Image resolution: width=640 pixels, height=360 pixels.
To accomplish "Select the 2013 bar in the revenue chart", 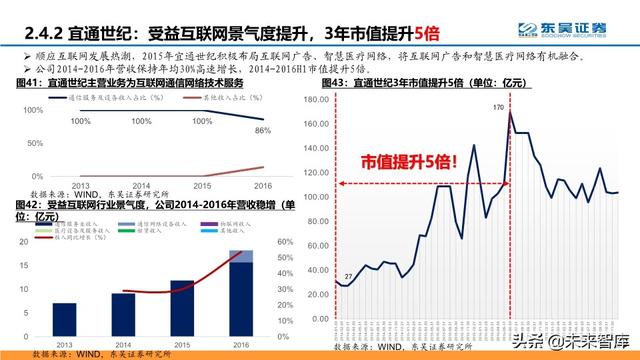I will point(64,320).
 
